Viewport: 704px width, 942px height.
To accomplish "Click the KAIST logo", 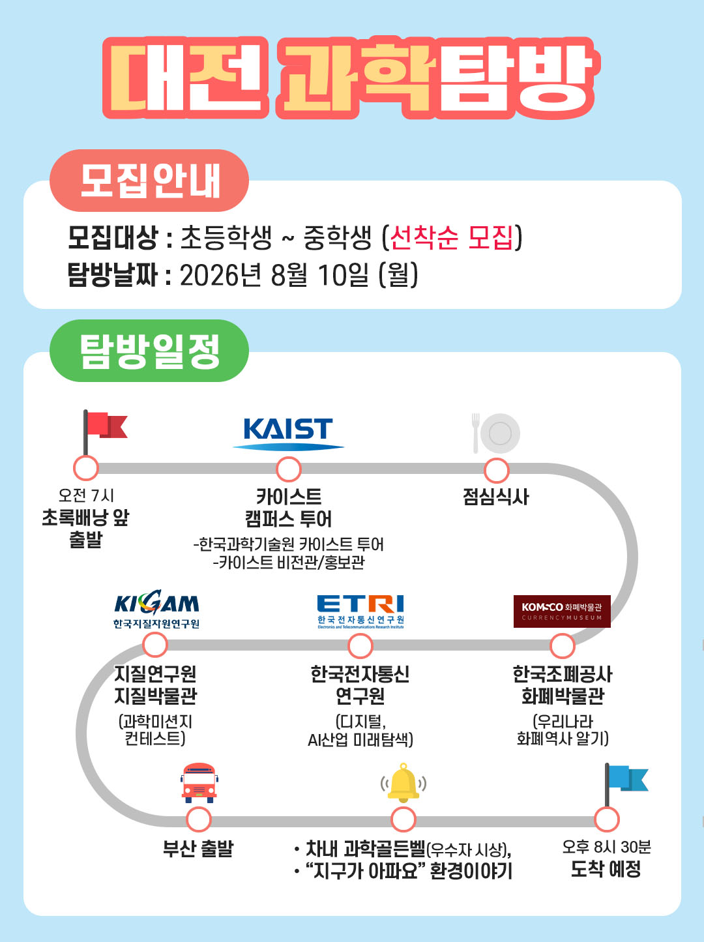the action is click(x=288, y=434).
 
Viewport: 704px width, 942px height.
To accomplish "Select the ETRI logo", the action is click(x=360, y=611).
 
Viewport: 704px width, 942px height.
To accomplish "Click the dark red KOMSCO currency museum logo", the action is click(x=562, y=611).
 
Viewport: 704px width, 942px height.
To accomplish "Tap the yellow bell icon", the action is click(x=403, y=783).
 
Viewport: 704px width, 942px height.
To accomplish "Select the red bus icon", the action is click(x=199, y=783).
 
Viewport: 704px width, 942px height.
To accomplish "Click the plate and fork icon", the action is click(x=495, y=433).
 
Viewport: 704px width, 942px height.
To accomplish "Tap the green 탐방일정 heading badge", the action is click(x=149, y=351).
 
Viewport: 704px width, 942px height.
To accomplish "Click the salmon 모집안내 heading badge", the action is click(x=149, y=180).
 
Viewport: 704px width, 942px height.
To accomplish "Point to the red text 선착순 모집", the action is click(x=452, y=237).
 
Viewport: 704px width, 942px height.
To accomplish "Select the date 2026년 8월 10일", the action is click(x=274, y=275).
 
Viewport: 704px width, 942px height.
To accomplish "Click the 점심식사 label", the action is click(x=496, y=497).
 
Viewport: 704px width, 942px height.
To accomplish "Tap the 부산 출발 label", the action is click(x=198, y=849).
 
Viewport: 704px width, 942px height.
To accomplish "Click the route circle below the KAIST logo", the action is click(x=288, y=469).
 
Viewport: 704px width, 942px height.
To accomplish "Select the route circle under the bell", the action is click(x=403, y=819).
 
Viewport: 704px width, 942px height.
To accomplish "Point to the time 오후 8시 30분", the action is click(x=607, y=847).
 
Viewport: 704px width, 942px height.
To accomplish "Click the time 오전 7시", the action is click(x=86, y=495).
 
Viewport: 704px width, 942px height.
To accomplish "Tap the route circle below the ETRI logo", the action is click(x=360, y=645).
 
